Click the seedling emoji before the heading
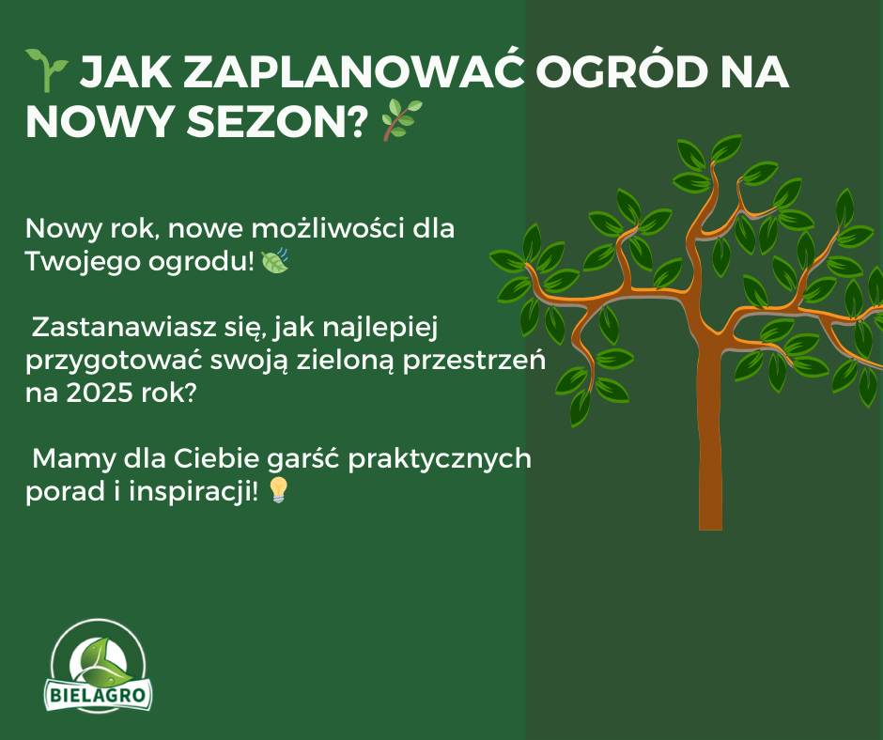point(47,69)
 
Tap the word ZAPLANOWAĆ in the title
point(354,72)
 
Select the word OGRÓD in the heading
point(621,72)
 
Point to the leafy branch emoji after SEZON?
point(401,119)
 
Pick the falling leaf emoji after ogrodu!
point(275,260)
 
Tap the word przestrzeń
point(473,361)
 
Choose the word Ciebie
point(216,458)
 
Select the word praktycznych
point(440,459)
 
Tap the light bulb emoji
point(278,490)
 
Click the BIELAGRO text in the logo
point(98,695)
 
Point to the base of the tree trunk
point(710,527)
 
